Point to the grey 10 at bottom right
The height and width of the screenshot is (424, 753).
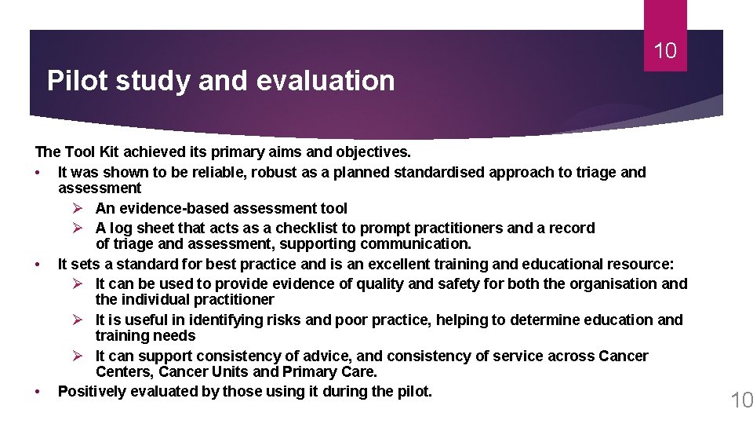click(x=740, y=401)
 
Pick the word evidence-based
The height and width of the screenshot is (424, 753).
click(x=174, y=208)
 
